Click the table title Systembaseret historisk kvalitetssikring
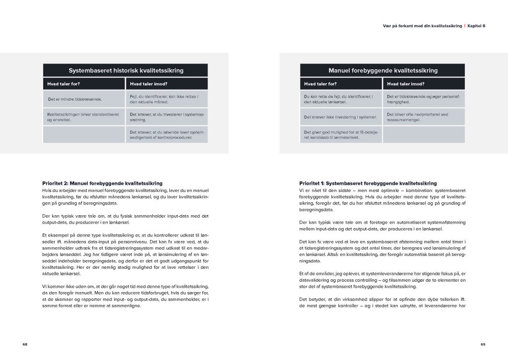click(x=126, y=70)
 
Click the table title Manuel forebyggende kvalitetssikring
click(x=382, y=70)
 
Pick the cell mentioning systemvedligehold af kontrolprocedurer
click(x=167, y=135)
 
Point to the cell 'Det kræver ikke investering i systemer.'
click(x=341, y=117)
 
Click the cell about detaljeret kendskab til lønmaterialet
click(x=341, y=135)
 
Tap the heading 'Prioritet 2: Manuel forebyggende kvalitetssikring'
click(x=103, y=183)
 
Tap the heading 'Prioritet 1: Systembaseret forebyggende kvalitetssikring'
click(x=368, y=183)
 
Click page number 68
click(x=25, y=344)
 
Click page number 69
click(x=482, y=344)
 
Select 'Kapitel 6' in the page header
click(x=476, y=26)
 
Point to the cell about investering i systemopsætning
click(x=167, y=117)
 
